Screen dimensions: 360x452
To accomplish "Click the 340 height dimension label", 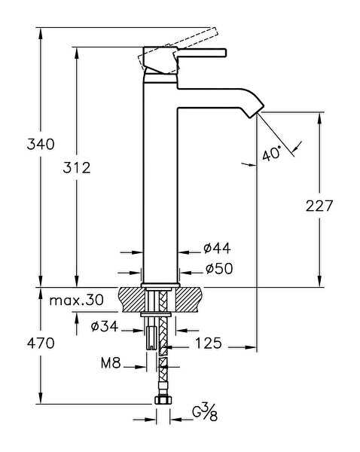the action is click(x=41, y=144).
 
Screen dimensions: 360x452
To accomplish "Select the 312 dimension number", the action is click(x=77, y=167).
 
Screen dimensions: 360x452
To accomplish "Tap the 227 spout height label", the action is click(x=319, y=206).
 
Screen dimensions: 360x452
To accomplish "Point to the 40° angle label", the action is click(x=272, y=154).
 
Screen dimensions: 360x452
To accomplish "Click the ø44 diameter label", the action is click(x=217, y=248).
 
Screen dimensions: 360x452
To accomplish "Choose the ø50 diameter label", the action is click(x=219, y=269).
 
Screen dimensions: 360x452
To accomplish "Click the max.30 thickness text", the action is click(x=76, y=301).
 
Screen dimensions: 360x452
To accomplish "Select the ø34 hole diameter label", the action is click(x=105, y=327).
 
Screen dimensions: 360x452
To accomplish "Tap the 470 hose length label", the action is click(x=41, y=344).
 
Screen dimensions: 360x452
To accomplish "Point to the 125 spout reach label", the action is click(x=209, y=344).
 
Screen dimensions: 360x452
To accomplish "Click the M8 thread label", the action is click(x=111, y=362).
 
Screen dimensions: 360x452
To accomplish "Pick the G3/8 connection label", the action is click(x=205, y=413).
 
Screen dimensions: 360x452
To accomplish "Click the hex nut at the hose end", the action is click(x=163, y=400).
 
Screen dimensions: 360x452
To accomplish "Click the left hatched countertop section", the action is click(x=132, y=300).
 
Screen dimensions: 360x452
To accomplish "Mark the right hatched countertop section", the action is click(x=188, y=300).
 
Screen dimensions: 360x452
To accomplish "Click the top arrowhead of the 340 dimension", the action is click(x=41, y=33).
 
